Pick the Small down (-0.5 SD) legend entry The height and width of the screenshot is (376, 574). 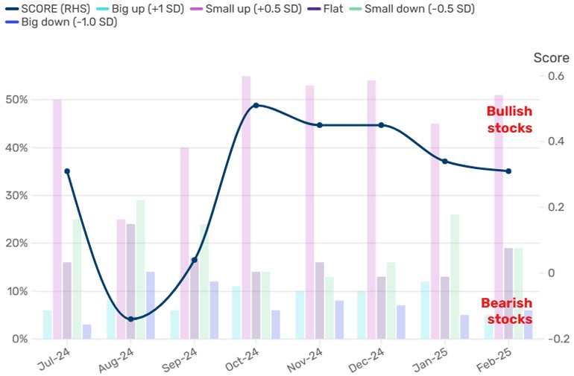(x=419, y=9)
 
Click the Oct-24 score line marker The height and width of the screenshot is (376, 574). (x=256, y=105)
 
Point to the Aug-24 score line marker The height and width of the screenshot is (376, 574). (x=130, y=319)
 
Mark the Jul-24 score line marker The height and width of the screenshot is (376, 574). (x=67, y=171)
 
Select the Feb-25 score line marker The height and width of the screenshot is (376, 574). (x=508, y=171)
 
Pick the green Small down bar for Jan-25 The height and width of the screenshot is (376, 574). (x=455, y=276)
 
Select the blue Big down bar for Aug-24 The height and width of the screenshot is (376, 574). (x=150, y=305)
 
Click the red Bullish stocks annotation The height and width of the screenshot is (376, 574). (x=509, y=119)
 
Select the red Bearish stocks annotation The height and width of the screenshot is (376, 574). (x=506, y=311)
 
